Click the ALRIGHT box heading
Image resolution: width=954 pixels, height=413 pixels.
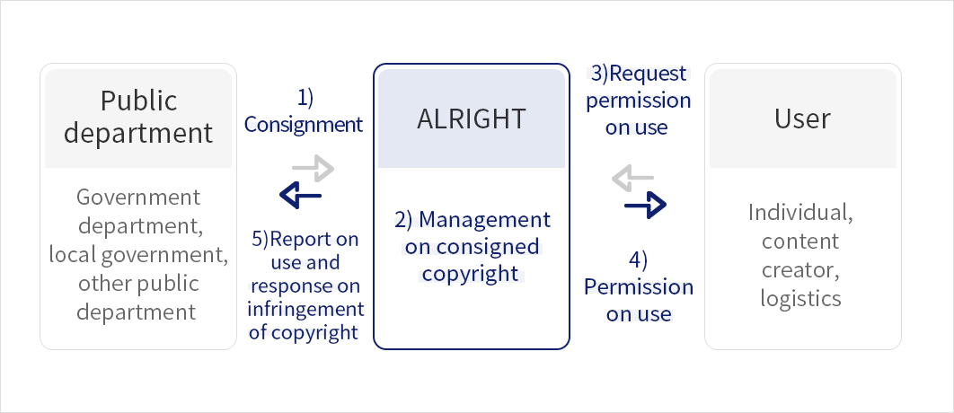(471, 119)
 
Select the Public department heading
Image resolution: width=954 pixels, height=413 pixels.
(138, 117)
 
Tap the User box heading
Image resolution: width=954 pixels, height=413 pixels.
(802, 118)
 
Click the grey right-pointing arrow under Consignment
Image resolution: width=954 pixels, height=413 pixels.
(313, 168)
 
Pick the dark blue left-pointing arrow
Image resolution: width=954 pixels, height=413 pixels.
(300, 193)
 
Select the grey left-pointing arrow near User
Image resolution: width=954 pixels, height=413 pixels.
(632, 180)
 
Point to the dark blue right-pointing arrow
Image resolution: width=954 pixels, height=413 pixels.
(645, 206)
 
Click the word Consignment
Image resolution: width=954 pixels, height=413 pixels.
(304, 125)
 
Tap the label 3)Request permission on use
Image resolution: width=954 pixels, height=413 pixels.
(638, 100)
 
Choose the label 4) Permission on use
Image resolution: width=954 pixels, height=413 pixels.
(639, 287)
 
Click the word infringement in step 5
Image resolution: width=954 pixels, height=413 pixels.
(306, 309)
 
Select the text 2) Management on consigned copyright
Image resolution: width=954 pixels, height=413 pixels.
(472, 246)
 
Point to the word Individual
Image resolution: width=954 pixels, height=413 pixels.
(800, 214)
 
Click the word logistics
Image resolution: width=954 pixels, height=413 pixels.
(800, 297)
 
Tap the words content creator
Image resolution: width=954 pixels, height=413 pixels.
(800, 256)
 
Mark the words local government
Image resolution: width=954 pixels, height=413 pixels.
(138, 254)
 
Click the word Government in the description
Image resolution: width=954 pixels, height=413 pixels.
(138, 197)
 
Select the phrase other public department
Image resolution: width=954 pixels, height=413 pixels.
(138, 297)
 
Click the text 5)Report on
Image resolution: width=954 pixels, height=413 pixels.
(305, 239)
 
